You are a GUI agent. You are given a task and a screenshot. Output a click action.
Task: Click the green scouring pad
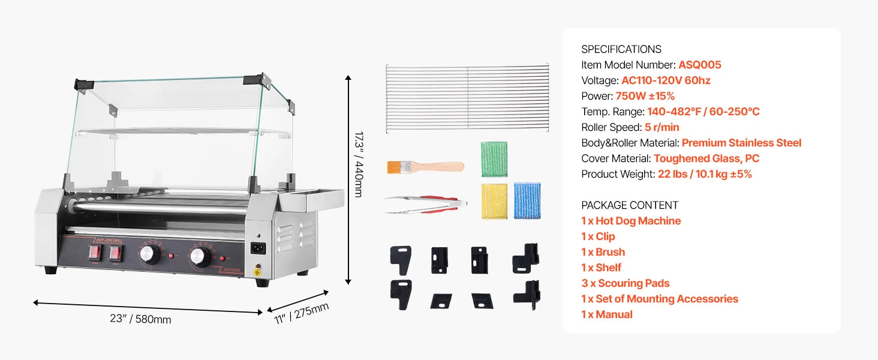coord(494,159)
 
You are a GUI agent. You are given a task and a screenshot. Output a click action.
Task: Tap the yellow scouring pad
coord(494,202)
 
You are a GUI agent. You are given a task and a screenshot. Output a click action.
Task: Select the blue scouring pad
coord(527,200)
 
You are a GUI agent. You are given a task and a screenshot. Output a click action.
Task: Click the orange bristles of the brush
coord(394,167)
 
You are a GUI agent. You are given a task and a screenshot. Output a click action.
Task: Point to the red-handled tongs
coord(425,205)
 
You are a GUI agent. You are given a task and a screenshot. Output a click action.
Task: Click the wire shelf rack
coord(467,98)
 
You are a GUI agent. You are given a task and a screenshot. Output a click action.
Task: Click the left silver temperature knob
coord(149,254)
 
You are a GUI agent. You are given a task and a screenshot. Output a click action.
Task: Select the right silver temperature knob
coord(200,257)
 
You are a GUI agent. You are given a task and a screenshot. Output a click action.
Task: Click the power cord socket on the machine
coord(258,248)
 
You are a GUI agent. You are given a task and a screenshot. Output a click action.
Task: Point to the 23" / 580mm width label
coord(140,319)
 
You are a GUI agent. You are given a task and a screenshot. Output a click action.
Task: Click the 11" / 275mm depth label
coord(301,313)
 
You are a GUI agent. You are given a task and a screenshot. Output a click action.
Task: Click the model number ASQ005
coord(700,65)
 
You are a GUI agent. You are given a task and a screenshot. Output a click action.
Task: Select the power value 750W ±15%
coord(645,96)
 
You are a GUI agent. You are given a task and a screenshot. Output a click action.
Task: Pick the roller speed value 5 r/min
coord(662,127)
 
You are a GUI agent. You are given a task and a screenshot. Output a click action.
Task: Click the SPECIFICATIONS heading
coord(621,49)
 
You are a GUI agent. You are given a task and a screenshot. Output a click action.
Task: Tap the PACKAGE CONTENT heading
coord(630,205)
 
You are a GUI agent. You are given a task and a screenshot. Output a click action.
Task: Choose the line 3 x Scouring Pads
coord(625,283)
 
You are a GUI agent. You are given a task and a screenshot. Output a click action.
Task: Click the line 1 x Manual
coord(607,314)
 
